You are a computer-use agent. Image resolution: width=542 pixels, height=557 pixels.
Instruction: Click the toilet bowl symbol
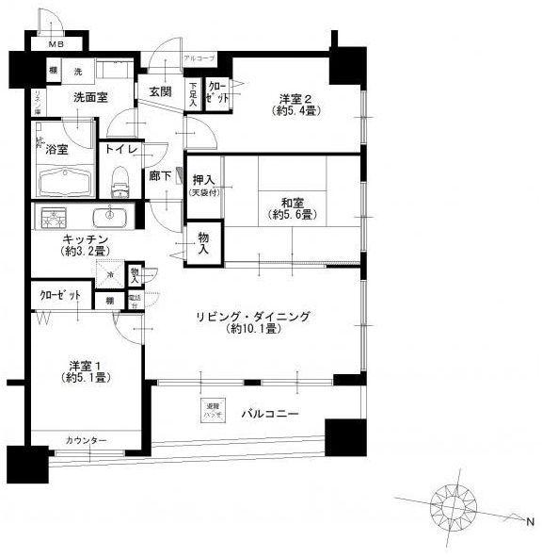point(120,176)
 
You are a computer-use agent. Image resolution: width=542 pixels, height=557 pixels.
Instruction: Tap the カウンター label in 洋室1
point(86,441)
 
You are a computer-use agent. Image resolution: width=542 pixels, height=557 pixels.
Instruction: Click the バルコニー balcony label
point(269,413)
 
